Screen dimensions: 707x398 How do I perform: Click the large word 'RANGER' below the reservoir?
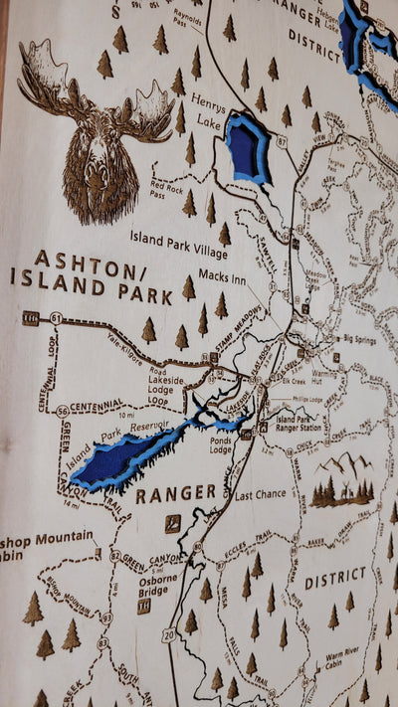tap(175, 493)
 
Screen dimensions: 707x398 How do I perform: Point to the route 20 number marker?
tap(169, 633)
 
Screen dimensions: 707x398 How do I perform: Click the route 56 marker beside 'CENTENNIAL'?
tap(63, 411)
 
